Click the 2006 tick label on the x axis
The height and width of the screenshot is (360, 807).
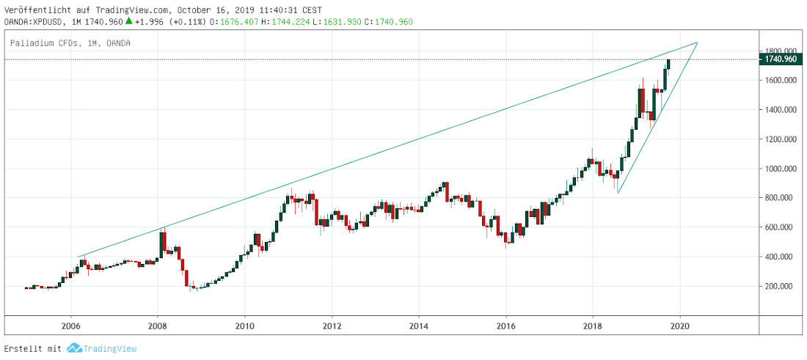tap(70, 326)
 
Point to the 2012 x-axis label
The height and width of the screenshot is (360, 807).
tap(332, 326)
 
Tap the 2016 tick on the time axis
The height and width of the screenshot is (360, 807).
tap(506, 326)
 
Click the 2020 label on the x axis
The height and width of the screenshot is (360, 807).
tap(680, 326)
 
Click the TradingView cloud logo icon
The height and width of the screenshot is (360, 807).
tap(73, 348)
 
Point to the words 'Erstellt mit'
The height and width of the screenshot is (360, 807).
tap(32, 348)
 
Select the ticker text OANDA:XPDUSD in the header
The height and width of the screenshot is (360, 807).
tap(35, 21)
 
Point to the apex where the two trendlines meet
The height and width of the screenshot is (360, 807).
tap(697, 43)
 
